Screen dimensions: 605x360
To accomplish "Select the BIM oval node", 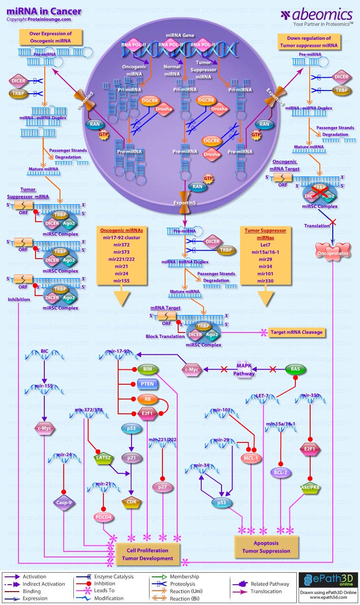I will (148, 369).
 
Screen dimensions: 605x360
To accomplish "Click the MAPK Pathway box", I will (246, 369).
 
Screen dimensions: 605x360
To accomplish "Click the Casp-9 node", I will (64, 502).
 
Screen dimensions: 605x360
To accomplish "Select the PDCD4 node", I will (103, 517).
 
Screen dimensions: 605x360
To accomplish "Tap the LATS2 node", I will (103, 458).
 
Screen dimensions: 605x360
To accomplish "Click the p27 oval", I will (162, 487).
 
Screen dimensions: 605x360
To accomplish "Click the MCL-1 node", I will (251, 458).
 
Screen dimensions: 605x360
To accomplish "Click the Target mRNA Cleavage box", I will (297, 332).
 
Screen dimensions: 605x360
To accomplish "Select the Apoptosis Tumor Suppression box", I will (266, 547).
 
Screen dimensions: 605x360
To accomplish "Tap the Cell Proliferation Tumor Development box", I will (148, 554).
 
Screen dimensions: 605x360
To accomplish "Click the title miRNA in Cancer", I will (44, 11).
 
